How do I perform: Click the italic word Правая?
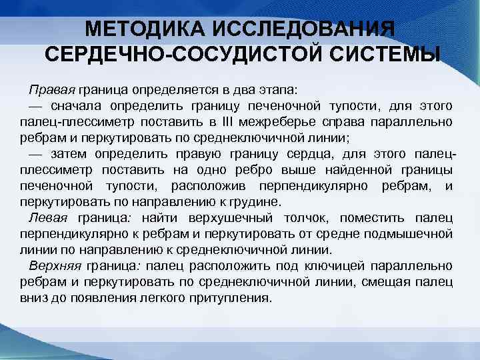[x=52, y=89]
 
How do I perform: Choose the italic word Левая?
[x=49, y=217]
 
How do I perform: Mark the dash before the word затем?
[x=35, y=153]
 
